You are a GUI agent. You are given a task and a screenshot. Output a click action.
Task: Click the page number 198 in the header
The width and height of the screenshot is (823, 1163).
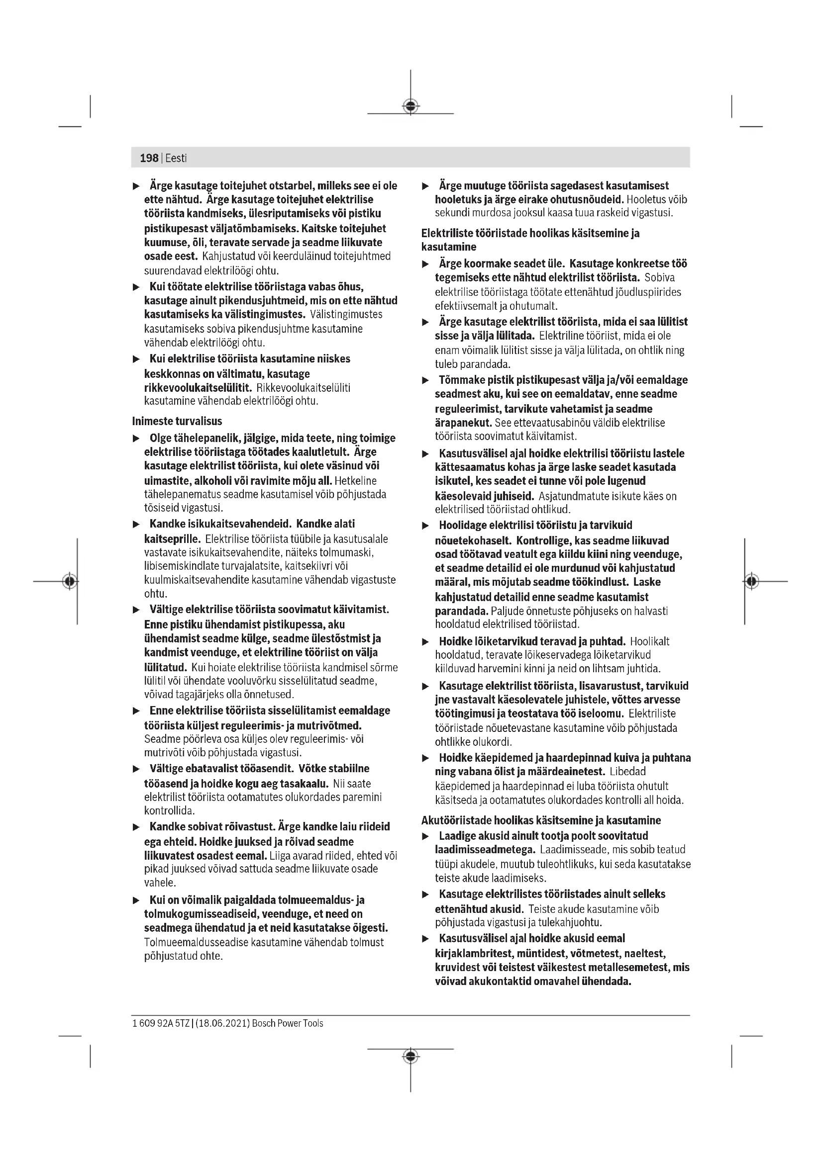click(149, 158)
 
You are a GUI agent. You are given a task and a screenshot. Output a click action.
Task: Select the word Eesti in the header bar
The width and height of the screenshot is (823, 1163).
click(176, 158)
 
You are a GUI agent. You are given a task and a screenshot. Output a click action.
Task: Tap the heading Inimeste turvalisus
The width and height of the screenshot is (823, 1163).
click(177, 421)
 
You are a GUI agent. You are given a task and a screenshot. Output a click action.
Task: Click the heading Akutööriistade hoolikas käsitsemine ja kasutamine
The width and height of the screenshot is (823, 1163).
click(541, 820)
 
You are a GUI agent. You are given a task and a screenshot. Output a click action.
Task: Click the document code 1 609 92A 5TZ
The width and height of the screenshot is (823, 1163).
click(161, 1023)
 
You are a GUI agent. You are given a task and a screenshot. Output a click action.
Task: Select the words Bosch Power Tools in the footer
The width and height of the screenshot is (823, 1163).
click(287, 1023)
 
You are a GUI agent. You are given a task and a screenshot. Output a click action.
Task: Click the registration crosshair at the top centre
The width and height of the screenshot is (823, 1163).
click(411, 106)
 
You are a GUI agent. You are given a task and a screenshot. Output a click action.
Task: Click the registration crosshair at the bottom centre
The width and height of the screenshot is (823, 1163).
click(411, 1056)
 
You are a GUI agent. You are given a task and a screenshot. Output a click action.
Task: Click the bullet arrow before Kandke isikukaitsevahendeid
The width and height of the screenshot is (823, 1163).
click(136, 524)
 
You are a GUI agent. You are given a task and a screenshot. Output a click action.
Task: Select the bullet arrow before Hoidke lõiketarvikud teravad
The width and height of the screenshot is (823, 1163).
click(426, 642)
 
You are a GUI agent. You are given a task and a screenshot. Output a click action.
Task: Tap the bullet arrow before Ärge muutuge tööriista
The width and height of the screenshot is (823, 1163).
click(426, 186)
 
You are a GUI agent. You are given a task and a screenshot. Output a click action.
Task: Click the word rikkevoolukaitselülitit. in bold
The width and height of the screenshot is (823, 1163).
click(198, 388)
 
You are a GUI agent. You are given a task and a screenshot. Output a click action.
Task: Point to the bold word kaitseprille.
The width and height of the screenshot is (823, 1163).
click(172, 539)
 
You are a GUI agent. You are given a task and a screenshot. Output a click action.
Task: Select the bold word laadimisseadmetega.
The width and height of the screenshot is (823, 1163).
click(485, 849)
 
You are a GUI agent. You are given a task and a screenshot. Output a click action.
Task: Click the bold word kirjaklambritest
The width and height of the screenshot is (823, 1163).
click(473, 953)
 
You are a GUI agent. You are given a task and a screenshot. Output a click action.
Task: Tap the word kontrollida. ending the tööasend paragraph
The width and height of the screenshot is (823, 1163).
click(169, 811)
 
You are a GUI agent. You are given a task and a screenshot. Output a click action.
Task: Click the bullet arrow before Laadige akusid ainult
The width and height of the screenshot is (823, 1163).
click(426, 836)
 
